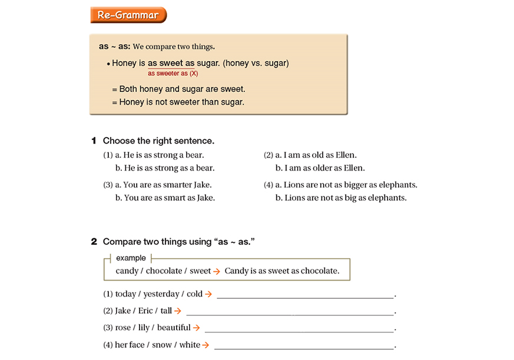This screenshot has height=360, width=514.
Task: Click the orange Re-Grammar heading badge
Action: [x=128, y=15]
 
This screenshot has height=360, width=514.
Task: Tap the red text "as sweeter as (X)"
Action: [x=173, y=74]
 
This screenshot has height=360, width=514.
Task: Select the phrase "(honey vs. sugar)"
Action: [x=256, y=63]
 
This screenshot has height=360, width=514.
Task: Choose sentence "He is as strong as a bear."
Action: [x=165, y=168]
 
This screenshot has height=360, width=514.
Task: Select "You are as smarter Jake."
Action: [x=163, y=185]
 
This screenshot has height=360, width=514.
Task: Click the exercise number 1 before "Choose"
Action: [x=94, y=141]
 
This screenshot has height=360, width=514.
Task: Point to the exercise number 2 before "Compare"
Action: [x=94, y=242]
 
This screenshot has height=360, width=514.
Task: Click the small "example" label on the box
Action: [x=131, y=258]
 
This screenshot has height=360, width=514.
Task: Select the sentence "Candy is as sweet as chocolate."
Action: [x=282, y=271]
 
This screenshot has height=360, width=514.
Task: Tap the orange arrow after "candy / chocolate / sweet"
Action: [x=217, y=271]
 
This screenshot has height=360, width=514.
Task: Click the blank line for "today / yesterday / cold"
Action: [x=305, y=295]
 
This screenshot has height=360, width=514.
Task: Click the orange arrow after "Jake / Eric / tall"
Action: [x=177, y=311]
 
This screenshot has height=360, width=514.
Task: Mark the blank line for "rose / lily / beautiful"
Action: [x=299, y=329]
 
